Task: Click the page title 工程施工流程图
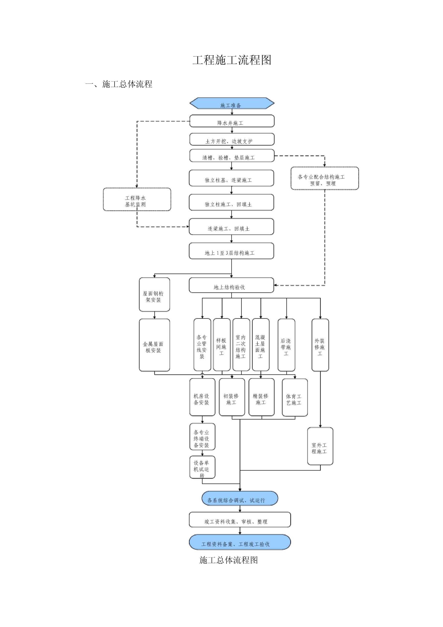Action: pyautogui.click(x=232, y=60)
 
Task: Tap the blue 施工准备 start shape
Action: pyautogui.click(x=232, y=103)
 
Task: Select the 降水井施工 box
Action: pyautogui.click(x=232, y=121)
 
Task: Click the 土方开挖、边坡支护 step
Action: pyautogui.click(x=232, y=140)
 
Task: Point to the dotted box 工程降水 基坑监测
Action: pyautogui.click(x=137, y=199)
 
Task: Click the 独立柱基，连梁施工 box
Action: pyautogui.click(x=231, y=178)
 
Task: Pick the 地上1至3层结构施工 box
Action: pyautogui.click(x=231, y=251)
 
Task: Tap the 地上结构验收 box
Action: pyautogui.click(x=231, y=285)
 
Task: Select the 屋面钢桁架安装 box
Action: pyautogui.click(x=154, y=295)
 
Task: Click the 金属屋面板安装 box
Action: pyautogui.click(x=154, y=345)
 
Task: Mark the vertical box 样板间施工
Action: pyautogui.click(x=222, y=345)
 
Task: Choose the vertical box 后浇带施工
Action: pyautogui.click(x=286, y=345)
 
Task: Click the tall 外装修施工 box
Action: pyautogui.click(x=320, y=345)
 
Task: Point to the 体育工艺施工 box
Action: pyautogui.click(x=295, y=398)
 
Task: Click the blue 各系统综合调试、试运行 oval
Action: pyautogui.click(x=240, y=498)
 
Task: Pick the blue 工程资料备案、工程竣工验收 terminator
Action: pyautogui.click(x=240, y=542)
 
